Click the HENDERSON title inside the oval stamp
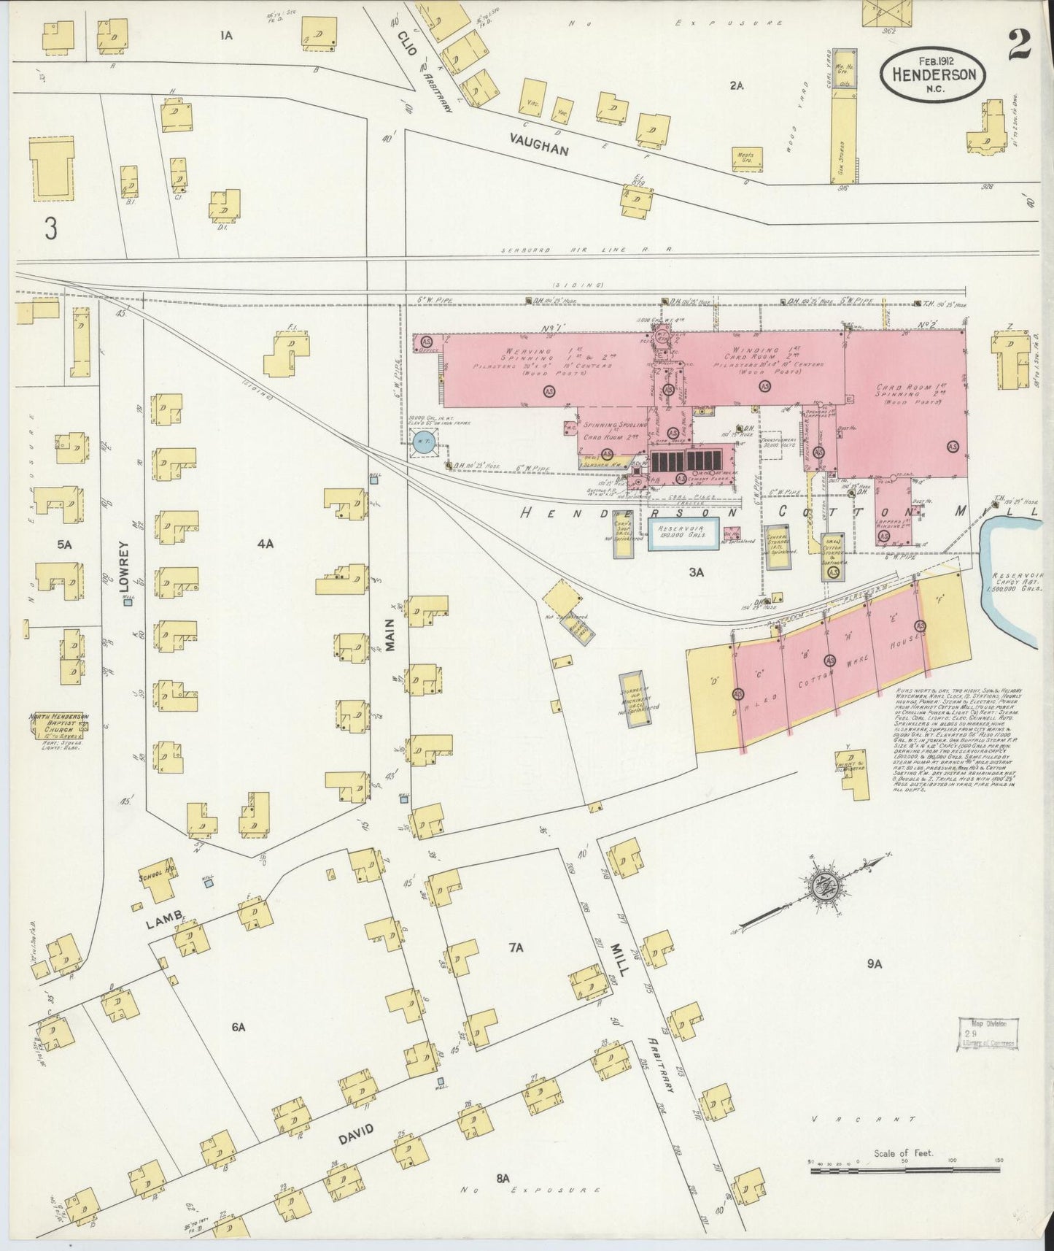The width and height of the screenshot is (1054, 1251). [x=933, y=74]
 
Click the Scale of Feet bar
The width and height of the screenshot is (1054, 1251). [x=904, y=1171]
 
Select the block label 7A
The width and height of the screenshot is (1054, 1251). [x=516, y=948]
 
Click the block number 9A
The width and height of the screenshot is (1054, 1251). [x=875, y=964]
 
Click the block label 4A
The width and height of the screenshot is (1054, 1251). [x=264, y=544]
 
